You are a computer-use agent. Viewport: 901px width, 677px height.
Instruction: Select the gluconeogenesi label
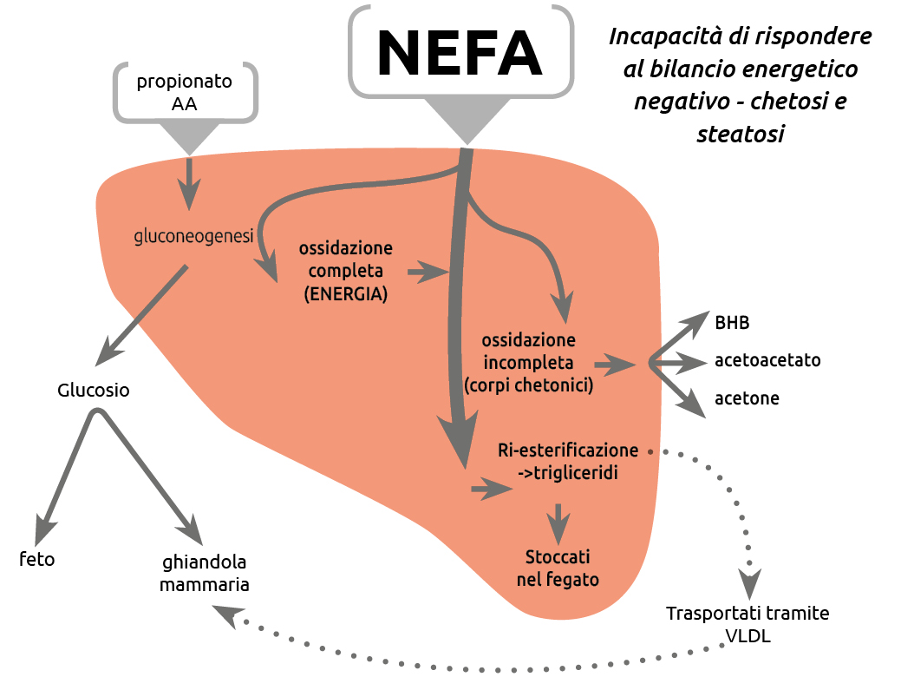193,236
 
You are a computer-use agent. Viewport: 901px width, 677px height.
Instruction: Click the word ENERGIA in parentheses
345,294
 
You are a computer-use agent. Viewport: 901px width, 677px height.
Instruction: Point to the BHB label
732,323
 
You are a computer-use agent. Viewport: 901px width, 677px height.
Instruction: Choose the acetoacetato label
767,359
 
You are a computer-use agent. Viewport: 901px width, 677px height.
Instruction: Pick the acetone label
747,398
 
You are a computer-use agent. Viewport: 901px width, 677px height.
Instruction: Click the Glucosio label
94,390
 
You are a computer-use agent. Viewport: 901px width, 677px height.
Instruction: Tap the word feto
37,559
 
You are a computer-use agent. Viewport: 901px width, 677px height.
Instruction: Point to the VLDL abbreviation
747,635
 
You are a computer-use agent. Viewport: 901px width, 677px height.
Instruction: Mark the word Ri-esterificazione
568,450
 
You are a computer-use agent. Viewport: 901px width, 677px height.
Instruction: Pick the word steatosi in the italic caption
740,135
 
